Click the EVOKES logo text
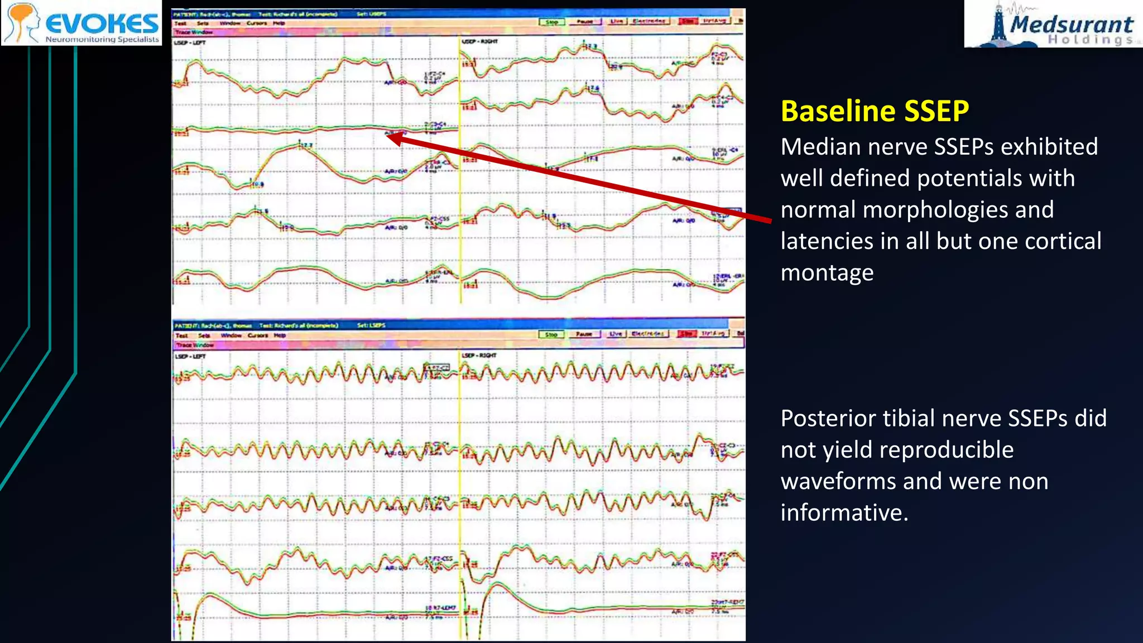pyautogui.click(x=102, y=23)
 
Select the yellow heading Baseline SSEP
pyautogui.click(x=874, y=111)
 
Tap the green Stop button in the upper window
pyautogui.click(x=551, y=22)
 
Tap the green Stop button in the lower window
pyautogui.click(x=551, y=334)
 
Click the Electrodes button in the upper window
pyautogui.click(x=649, y=21)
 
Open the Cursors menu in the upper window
pyautogui.click(x=256, y=23)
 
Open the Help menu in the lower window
pyautogui.click(x=280, y=335)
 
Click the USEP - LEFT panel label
pyautogui.click(x=190, y=42)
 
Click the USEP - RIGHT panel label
pyautogui.click(x=479, y=41)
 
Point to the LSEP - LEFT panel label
pyautogui.click(x=190, y=356)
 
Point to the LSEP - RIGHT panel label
pyautogui.click(x=479, y=356)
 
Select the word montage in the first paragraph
pyautogui.click(x=827, y=273)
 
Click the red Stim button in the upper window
pyautogui.click(x=688, y=21)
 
